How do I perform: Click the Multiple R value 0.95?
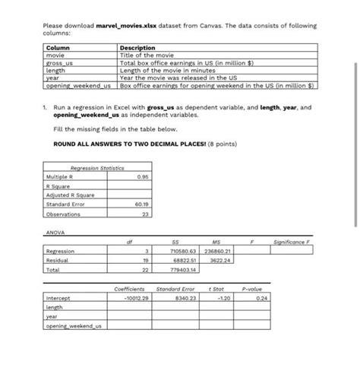pyautogui.click(x=141, y=176)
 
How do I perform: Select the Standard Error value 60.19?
pyautogui.click(x=141, y=204)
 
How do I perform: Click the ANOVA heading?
pyautogui.click(x=54, y=232)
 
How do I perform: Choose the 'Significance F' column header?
pyautogui.click(x=294, y=242)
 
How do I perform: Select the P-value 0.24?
pyautogui.click(x=262, y=298)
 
